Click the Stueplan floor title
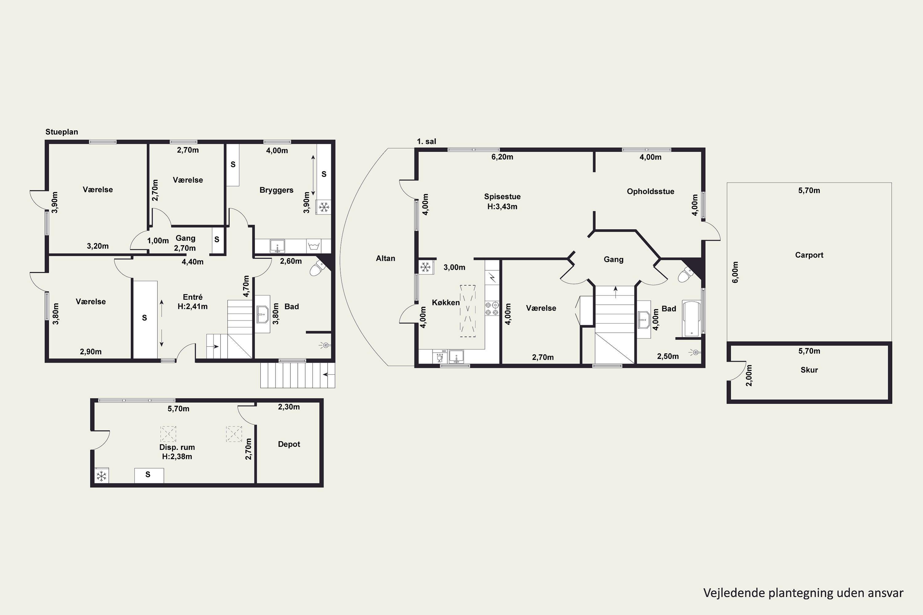click(x=62, y=132)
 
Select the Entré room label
click(x=193, y=297)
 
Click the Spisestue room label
click(x=502, y=196)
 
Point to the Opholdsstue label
click(x=650, y=191)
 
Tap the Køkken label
click(x=446, y=302)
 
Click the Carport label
click(x=809, y=255)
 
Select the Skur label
click(x=809, y=370)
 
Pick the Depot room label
click(x=289, y=444)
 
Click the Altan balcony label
click(x=386, y=258)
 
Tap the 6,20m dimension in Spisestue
click(x=502, y=157)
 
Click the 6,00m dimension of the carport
click(x=735, y=272)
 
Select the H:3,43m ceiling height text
click(x=502, y=207)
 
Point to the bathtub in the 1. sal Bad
click(x=691, y=319)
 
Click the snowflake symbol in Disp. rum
click(x=102, y=476)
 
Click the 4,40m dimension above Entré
click(x=192, y=262)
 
